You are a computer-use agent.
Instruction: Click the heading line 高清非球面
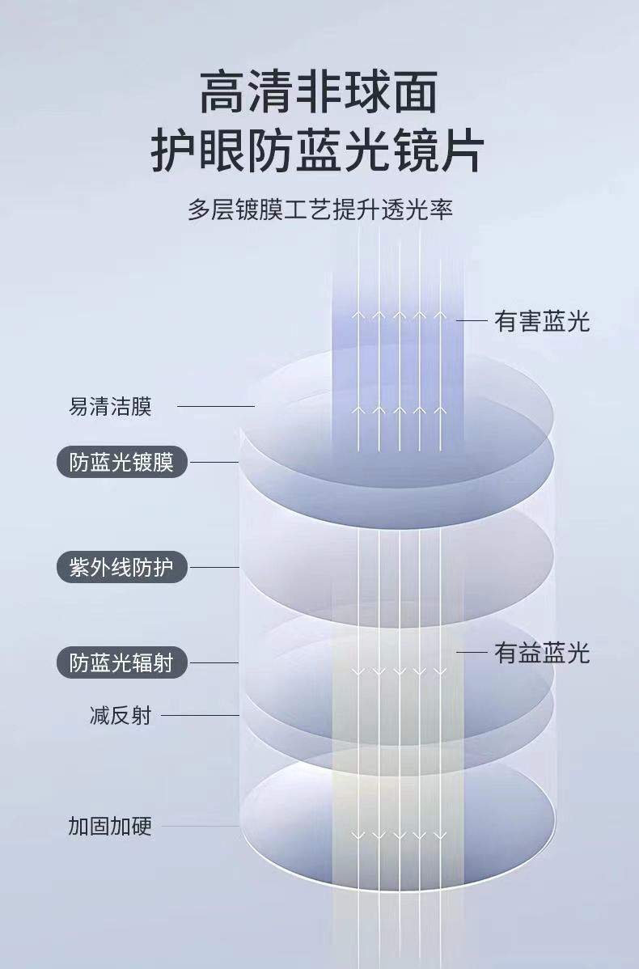[319, 92]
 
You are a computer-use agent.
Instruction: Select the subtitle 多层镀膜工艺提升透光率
[319, 209]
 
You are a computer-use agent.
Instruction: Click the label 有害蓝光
[542, 321]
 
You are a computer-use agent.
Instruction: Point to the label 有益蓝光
[542, 653]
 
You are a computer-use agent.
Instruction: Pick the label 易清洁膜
[110, 406]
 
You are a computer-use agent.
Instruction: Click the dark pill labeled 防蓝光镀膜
[121, 463]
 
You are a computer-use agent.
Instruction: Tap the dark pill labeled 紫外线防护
[121, 567]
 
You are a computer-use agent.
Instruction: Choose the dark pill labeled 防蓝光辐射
[121, 663]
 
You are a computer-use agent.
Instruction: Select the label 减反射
[121, 715]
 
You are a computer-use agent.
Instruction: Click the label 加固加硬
[110, 826]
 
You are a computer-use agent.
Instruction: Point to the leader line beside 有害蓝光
[471, 321]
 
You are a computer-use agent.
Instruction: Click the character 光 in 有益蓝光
[578, 653]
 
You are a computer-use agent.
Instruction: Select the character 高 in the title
[222, 92]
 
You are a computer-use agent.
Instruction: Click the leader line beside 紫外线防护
[214, 567]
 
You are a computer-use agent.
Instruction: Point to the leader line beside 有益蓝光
[471, 653]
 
